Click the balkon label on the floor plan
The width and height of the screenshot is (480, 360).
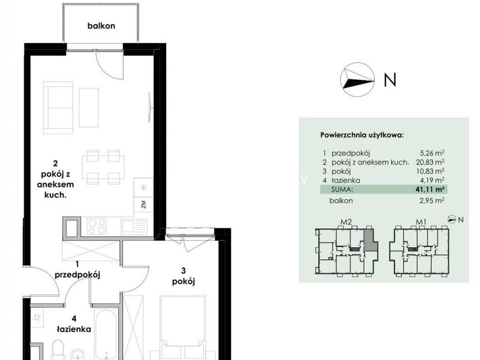point(101,26)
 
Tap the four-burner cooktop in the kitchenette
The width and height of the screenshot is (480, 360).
point(97,227)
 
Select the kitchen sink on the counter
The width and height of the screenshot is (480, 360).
point(134,227)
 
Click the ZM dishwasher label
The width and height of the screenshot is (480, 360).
point(143,205)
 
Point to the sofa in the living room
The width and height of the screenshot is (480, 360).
point(58,107)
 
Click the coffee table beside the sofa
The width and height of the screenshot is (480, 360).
point(89,107)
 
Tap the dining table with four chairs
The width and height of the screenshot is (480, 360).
point(103,167)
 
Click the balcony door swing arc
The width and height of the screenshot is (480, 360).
point(106,71)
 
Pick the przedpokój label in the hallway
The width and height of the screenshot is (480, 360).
point(77,275)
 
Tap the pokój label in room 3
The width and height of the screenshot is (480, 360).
point(184,281)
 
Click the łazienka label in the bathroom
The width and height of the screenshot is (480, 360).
point(74,329)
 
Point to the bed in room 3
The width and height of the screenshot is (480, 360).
point(183,328)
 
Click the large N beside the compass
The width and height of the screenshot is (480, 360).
point(390,80)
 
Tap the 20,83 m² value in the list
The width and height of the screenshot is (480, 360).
point(430,161)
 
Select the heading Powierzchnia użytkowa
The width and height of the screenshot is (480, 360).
point(362,135)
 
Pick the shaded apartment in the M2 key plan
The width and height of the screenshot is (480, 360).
point(371,241)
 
